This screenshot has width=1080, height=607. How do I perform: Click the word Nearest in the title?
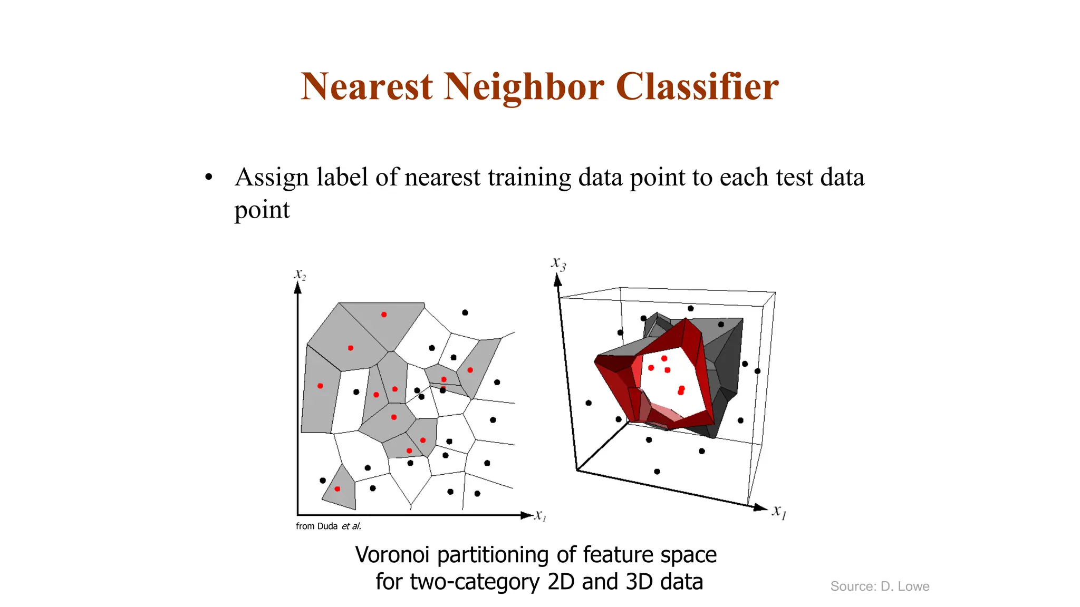coord(367,86)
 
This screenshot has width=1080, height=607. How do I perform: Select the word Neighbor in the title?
coord(524,86)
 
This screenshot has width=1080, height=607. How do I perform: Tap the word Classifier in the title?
coord(697,86)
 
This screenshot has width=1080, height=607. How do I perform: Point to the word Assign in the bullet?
coord(271,178)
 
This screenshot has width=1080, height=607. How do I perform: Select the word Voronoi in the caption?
coord(394,555)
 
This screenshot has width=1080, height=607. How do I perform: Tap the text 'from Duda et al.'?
coord(328,526)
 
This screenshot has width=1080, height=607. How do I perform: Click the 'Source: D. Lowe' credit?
coord(880,586)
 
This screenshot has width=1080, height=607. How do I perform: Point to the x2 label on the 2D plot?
coord(300,275)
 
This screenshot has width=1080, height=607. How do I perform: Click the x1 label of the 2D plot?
coord(541,515)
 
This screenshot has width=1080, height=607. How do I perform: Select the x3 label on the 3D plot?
coord(558,263)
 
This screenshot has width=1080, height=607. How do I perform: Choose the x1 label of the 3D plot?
coord(779,511)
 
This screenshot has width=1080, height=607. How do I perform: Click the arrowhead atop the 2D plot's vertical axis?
coord(298,288)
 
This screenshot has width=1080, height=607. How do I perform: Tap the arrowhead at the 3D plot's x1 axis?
coord(760,507)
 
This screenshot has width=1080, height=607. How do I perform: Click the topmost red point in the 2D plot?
coord(384,315)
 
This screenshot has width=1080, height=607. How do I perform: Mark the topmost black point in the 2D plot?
coord(465,312)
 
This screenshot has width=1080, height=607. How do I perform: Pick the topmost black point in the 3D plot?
coord(691,308)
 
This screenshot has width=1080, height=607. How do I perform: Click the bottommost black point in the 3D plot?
coord(657,472)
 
